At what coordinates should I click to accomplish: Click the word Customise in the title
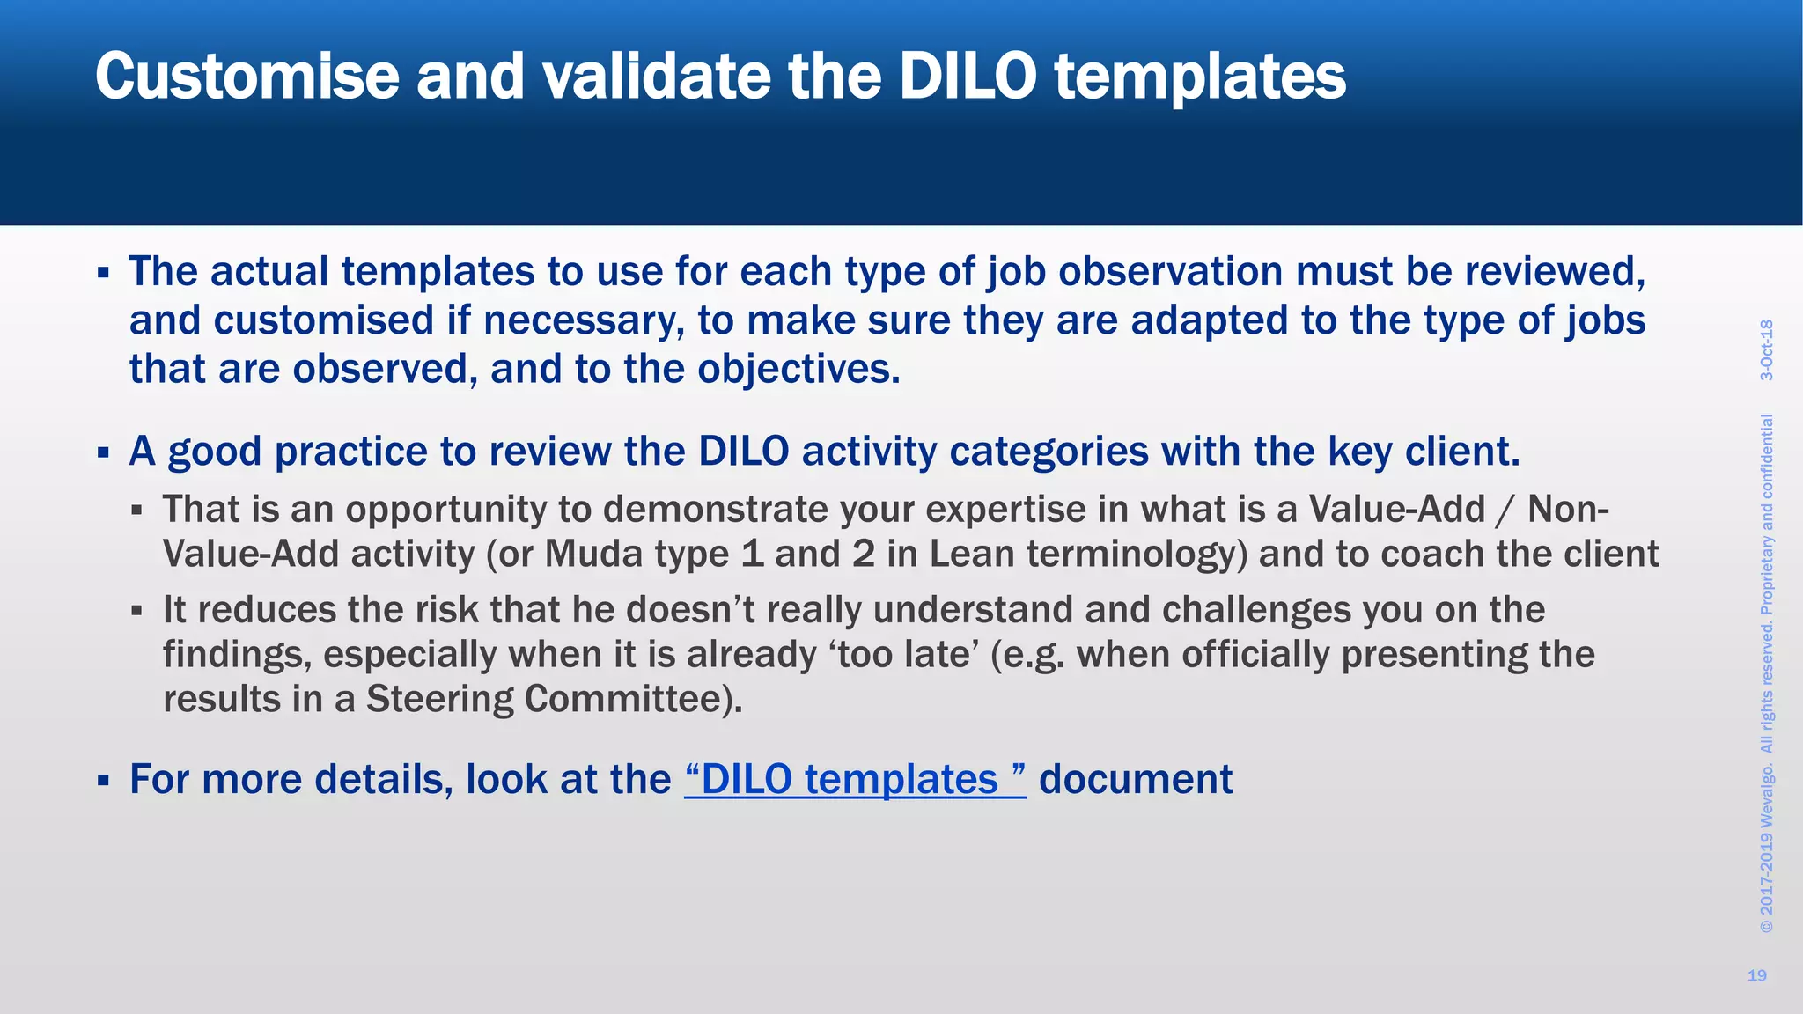pyautogui.click(x=247, y=77)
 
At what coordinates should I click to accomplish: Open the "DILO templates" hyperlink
pyautogui.click(x=855, y=780)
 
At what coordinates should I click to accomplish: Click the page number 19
pyautogui.click(x=1756, y=975)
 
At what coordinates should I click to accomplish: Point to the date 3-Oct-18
pyautogui.click(x=1766, y=350)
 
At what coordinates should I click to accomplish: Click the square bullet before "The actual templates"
pyautogui.click(x=103, y=273)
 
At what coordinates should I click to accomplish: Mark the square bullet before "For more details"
pyautogui.click(x=103, y=781)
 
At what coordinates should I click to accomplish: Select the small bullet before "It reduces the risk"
pyautogui.click(x=136, y=610)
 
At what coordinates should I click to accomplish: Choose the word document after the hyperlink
pyautogui.click(x=1136, y=780)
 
